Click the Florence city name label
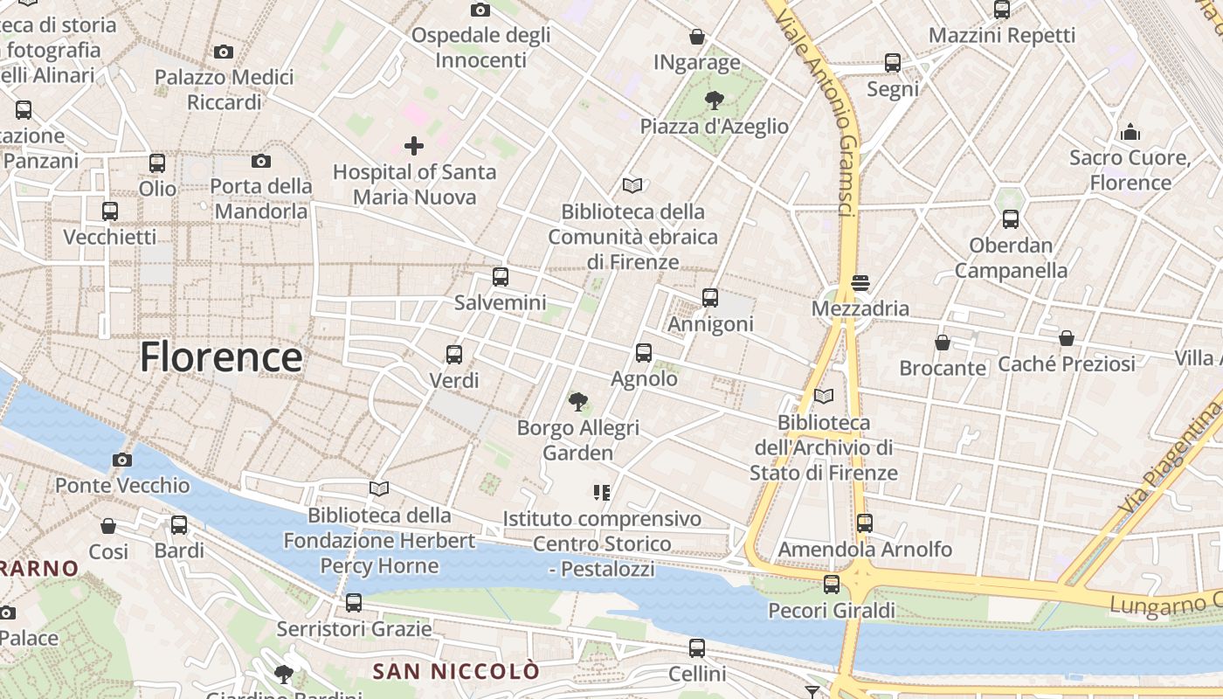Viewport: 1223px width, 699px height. [221, 356]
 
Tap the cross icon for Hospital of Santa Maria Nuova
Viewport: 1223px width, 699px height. [414, 145]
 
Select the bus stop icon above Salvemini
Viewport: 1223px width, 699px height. [500, 277]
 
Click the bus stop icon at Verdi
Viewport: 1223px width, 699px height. [454, 354]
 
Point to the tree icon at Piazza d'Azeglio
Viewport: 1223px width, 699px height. [714, 100]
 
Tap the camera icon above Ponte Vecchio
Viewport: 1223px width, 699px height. [122, 460]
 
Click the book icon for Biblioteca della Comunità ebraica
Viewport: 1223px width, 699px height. [632, 185]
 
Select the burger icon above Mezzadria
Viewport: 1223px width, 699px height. [860, 282]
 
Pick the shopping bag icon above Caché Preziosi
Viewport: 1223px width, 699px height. [1066, 338]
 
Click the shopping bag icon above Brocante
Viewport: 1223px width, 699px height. [943, 343]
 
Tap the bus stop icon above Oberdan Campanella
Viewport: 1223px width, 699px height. [1011, 219]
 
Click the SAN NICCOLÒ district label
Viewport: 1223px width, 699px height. [456, 671]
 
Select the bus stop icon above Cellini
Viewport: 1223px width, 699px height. [696, 648]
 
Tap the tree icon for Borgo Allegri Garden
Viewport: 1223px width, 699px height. [577, 402]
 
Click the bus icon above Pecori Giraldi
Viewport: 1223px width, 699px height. [832, 584]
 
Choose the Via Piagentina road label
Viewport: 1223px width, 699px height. [1171, 461]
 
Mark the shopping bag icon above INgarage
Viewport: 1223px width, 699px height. [697, 37]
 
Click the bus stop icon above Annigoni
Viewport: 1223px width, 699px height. [710, 298]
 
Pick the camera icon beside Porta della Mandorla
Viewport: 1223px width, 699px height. [260, 161]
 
